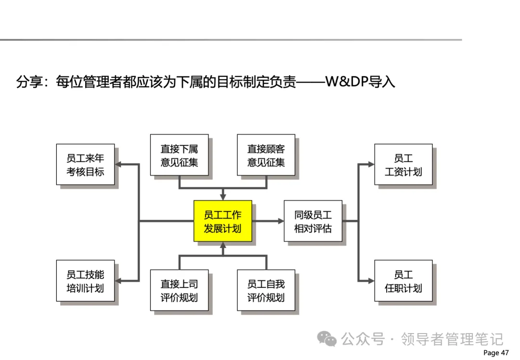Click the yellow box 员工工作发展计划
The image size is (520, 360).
tap(222, 221)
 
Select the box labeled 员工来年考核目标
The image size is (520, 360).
tap(85, 165)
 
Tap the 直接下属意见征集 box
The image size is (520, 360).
tap(179, 155)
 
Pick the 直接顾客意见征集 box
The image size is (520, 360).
tap(266, 155)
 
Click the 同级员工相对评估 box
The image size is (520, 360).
tap(313, 221)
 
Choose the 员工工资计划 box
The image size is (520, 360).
tap(403, 165)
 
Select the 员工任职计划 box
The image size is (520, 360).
tap(403, 281)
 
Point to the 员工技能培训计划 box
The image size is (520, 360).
tap(85, 281)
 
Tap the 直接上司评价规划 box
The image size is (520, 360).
tap(179, 290)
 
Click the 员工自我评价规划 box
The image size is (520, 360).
tap(266, 290)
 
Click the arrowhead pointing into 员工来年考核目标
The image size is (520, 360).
tap(118, 165)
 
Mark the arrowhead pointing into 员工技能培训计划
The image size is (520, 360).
tap(118, 281)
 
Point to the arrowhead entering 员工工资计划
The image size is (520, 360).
tap(371, 165)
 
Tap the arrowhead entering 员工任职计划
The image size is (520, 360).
tap(371, 281)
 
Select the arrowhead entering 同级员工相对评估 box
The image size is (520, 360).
tap(281, 221)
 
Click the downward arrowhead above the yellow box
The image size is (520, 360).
tap(222, 196)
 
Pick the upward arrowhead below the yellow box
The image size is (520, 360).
tap(222, 245)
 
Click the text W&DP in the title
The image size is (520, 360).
tap(346, 82)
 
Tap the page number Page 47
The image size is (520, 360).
tap(495, 353)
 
